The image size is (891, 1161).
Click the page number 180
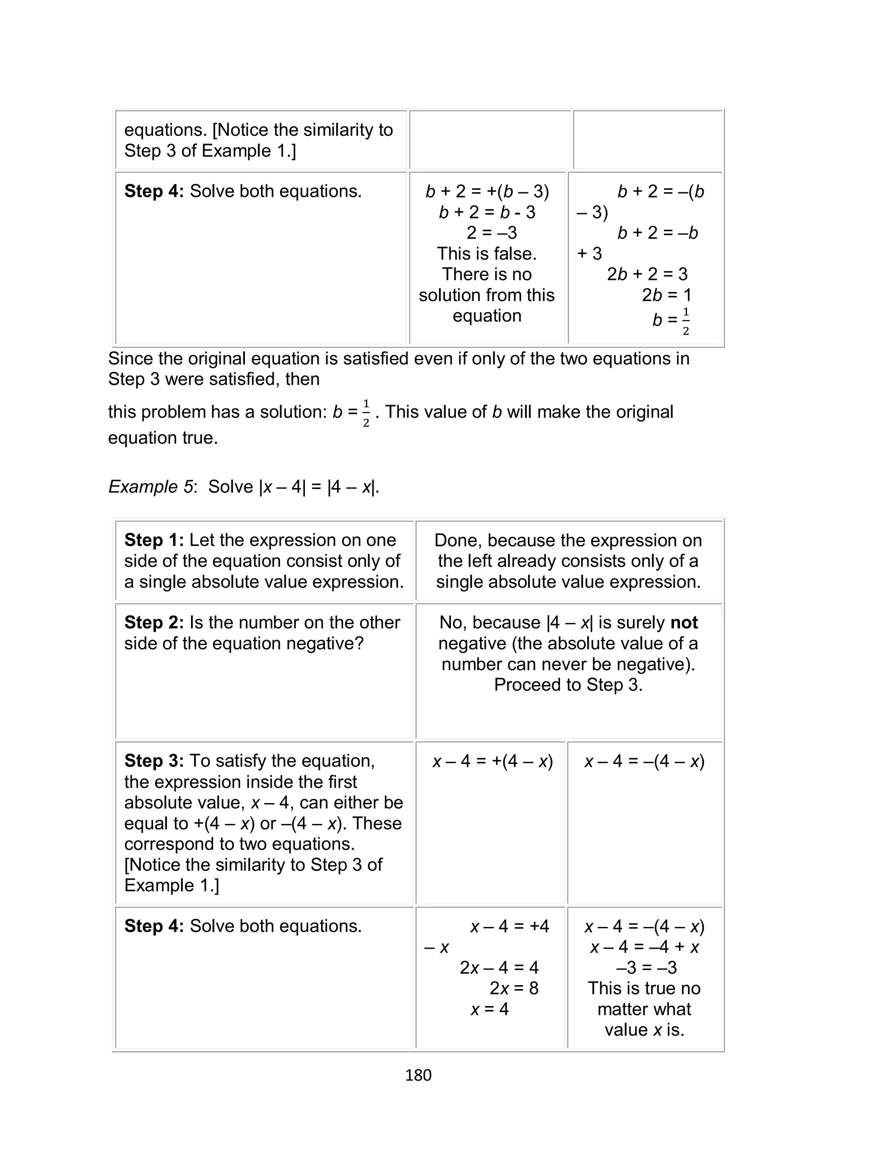pos(418,1075)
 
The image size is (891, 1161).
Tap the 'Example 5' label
pos(151,487)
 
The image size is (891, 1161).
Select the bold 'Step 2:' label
pos(154,622)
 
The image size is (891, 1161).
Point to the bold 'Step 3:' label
pos(154,761)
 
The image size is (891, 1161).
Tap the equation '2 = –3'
pos(491,233)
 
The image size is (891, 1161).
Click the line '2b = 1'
pos(666,295)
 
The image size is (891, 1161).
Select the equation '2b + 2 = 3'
pos(647,274)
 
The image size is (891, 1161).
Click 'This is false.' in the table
pos(486,254)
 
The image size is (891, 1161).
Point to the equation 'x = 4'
pos(489,1009)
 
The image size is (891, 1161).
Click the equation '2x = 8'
pos(513,988)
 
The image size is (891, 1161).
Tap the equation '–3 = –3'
pos(646,967)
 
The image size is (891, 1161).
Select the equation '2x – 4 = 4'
pos(499,967)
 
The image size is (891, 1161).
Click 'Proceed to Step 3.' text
pos(568,685)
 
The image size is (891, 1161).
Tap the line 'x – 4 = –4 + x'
pos(644,947)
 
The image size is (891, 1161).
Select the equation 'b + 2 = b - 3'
pos(487,212)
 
